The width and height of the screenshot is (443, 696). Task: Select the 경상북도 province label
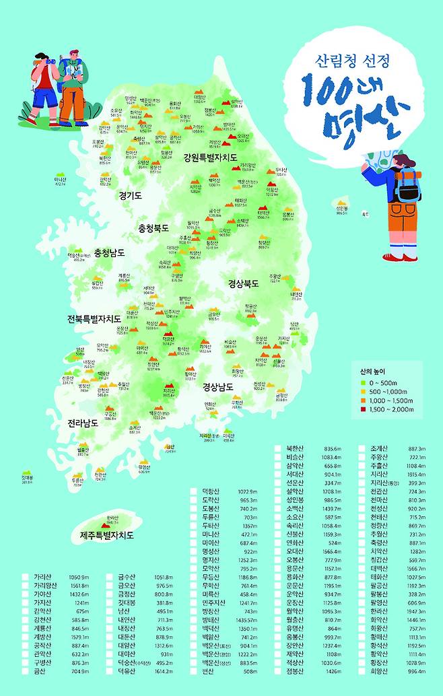(x=244, y=283)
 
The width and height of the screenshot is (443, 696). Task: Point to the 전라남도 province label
(x=83, y=423)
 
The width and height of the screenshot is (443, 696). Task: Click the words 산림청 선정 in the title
(x=352, y=61)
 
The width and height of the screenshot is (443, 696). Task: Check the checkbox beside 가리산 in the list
(x=26, y=578)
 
